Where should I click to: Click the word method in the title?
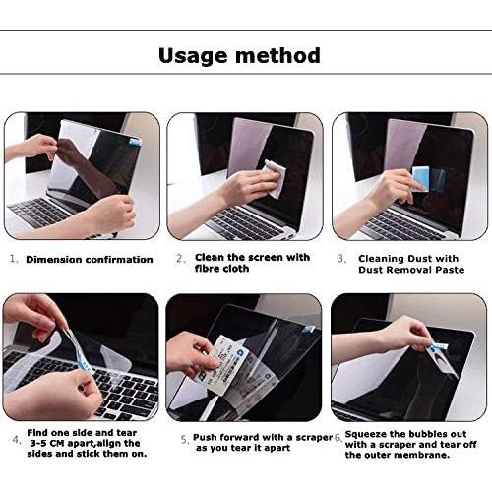point(279,55)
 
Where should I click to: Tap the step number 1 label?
point(14,260)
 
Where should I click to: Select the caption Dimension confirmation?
point(89,260)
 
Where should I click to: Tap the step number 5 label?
point(184,438)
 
